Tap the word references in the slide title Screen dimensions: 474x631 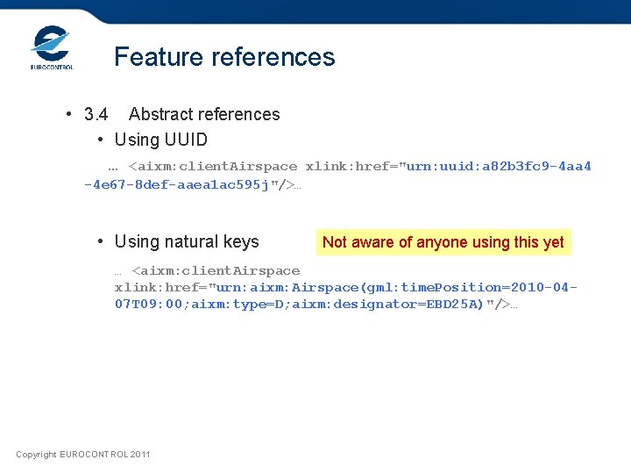(275, 57)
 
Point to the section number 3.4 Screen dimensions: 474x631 (96, 114)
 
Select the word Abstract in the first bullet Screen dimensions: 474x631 (162, 114)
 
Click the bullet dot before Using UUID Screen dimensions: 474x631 (102, 140)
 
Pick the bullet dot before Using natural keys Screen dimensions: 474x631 (102, 241)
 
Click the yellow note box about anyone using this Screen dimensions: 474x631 (443, 242)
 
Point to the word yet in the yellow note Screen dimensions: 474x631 (553, 242)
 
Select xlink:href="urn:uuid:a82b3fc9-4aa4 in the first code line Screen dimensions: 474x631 (448, 166)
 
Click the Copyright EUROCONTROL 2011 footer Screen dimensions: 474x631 (83, 454)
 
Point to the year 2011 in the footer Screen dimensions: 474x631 (139, 454)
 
